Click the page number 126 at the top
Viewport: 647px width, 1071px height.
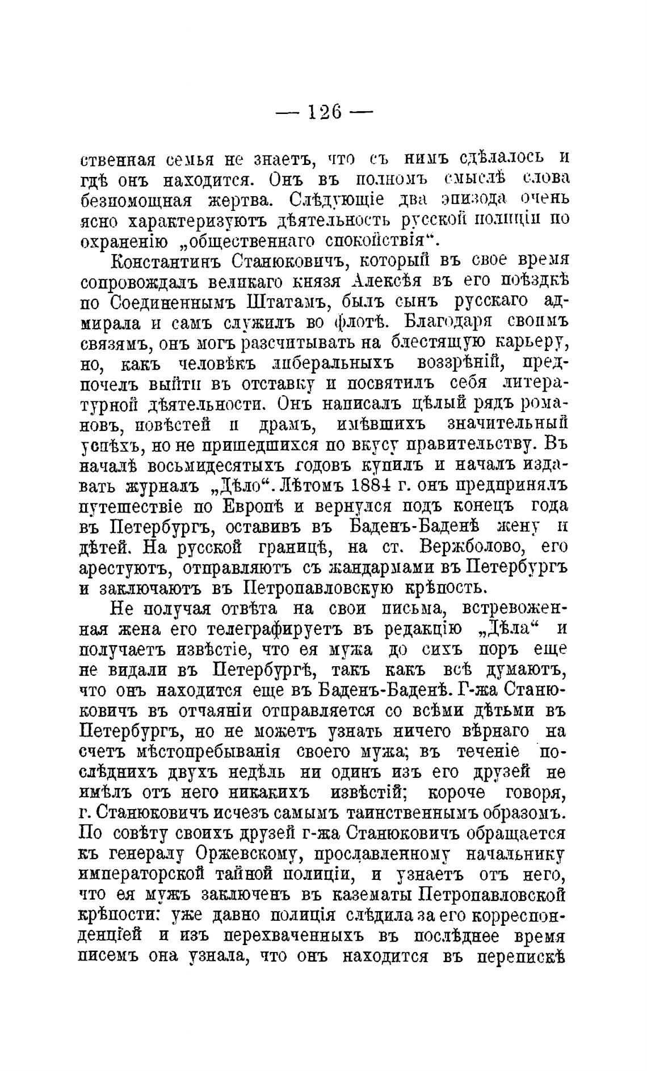pos(324,111)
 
